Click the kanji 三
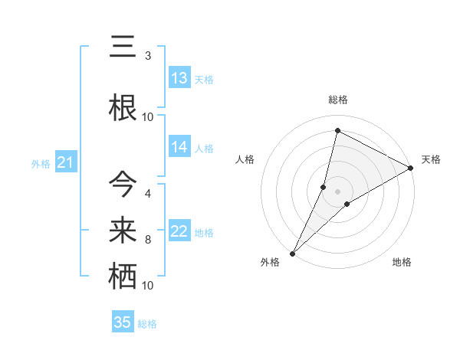click(123, 47)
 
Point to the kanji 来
click(123, 228)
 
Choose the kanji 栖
click(123, 275)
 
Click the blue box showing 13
click(179, 78)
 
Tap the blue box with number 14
click(179, 147)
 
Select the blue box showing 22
click(179, 231)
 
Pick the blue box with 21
click(65, 162)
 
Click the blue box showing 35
click(123, 322)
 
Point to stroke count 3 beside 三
click(148, 56)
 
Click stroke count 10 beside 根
click(148, 116)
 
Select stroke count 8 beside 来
click(148, 240)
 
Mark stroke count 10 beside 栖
click(148, 286)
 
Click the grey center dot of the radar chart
click(337, 191)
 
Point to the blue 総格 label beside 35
click(147, 324)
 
